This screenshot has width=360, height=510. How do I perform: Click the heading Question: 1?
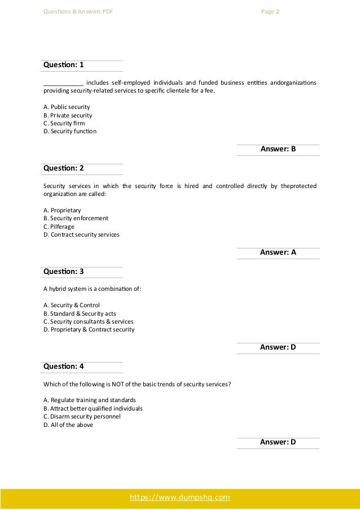point(63,66)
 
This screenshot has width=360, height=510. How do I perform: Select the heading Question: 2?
point(63,169)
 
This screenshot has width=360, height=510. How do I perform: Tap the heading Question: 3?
point(63,272)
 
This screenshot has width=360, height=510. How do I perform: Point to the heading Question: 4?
point(63,367)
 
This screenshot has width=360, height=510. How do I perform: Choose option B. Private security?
point(68,115)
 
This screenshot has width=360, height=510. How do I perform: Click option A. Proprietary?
point(62,210)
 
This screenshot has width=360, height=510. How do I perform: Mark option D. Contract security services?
point(81,235)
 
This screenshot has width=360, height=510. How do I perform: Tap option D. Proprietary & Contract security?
point(89,330)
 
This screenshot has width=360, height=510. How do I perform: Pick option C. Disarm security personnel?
point(82,416)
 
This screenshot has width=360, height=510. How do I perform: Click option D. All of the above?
point(68,425)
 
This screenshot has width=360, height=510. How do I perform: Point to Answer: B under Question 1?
point(278,150)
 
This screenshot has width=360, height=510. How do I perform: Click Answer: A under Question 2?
point(278,253)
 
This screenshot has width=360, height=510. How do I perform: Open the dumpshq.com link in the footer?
point(180,498)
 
